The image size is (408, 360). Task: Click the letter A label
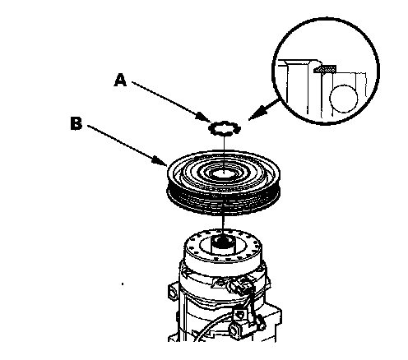tap(121, 80)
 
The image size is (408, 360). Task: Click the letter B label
tap(76, 123)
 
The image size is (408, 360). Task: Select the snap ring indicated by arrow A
tap(225, 128)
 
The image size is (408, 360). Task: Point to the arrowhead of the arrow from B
tap(160, 160)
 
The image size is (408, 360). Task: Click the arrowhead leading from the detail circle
tap(257, 113)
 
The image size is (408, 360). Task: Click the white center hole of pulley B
tap(224, 173)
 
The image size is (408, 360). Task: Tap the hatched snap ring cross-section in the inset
tap(325, 69)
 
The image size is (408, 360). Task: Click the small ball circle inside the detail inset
tap(343, 99)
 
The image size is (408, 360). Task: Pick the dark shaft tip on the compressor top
tap(224, 240)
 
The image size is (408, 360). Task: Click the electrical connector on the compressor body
tap(241, 286)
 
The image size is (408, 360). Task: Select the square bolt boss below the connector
tap(240, 314)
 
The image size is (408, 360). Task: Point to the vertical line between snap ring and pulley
tap(225, 153)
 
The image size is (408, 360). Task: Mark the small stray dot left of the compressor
tap(123, 284)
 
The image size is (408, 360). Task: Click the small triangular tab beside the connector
tap(220, 281)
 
